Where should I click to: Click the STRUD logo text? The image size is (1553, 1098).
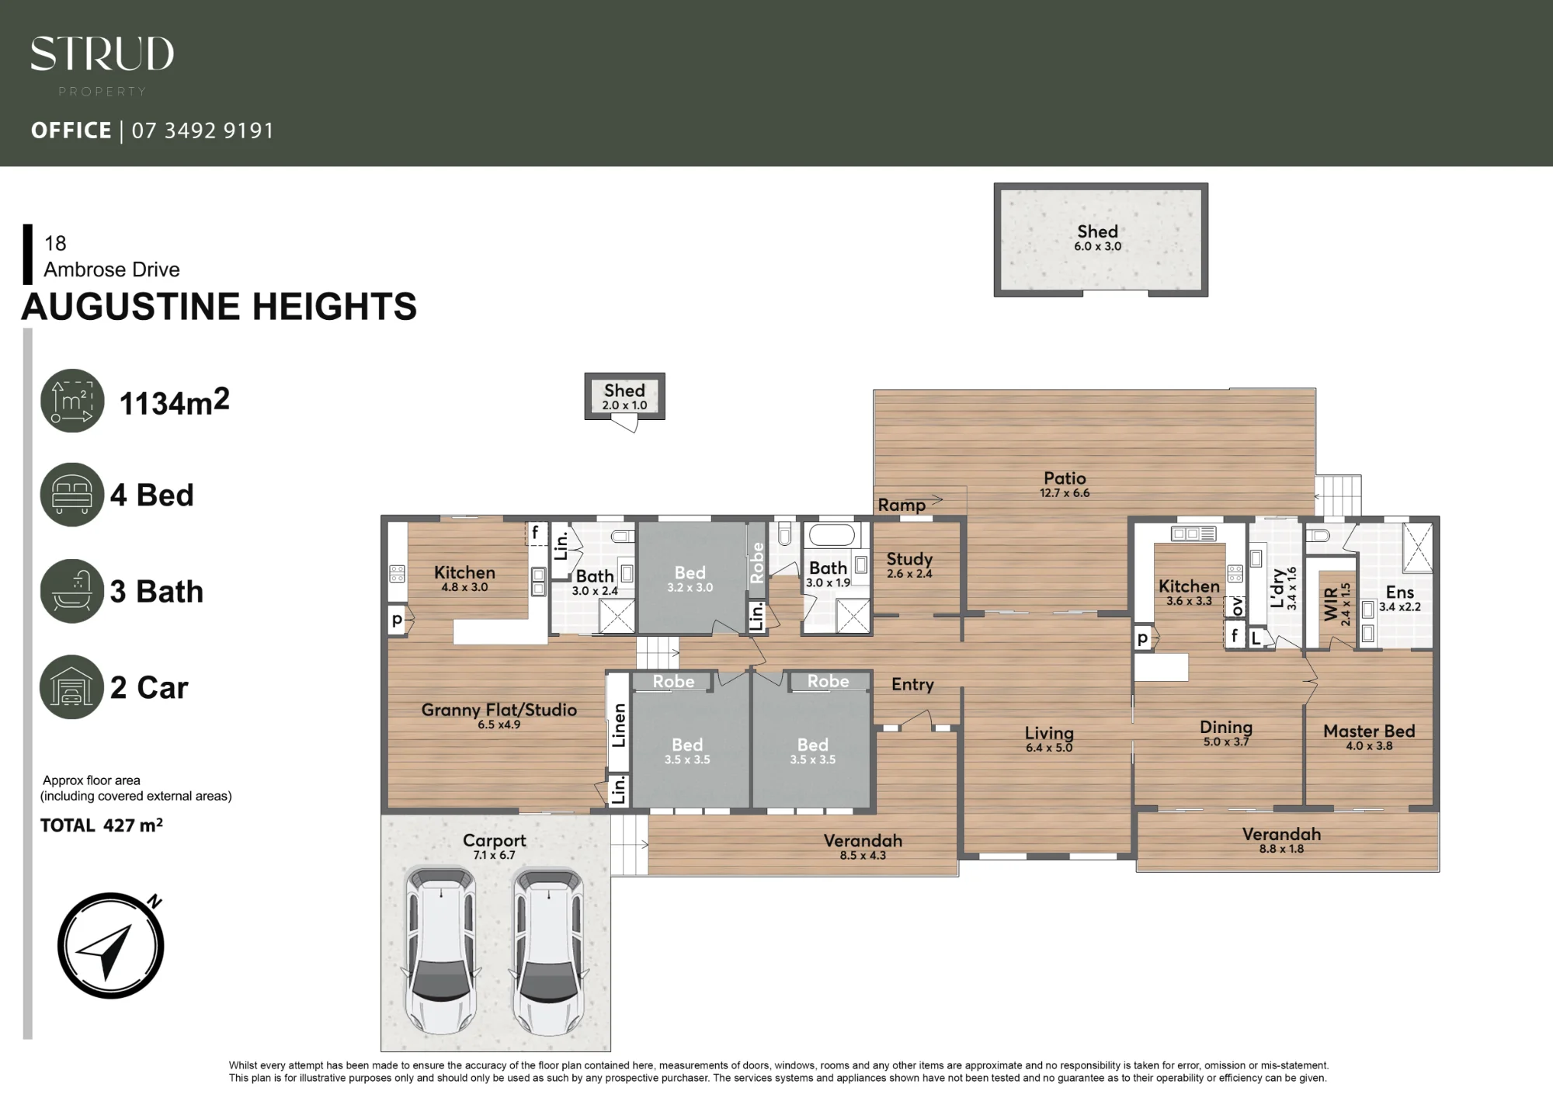point(102,54)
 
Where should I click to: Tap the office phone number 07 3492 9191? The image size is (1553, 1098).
point(203,130)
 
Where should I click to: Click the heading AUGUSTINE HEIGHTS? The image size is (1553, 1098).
point(219,306)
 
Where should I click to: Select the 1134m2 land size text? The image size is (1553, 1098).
point(175,402)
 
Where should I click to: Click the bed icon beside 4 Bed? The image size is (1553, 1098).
point(72,495)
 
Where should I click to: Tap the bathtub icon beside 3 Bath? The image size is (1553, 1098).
point(72,591)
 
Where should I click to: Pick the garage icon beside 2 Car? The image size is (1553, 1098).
point(71,687)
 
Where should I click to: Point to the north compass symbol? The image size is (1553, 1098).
point(111,945)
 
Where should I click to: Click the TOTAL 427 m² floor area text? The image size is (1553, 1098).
point(102,825)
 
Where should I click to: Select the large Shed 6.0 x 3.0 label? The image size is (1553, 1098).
point(1097,238)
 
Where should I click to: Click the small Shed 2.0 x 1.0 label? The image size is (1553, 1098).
point(624,396)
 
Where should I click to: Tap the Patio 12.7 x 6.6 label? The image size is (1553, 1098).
point(1065,484)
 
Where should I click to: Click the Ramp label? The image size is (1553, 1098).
point(902,505)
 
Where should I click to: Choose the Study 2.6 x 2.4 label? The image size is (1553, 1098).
point(909,565)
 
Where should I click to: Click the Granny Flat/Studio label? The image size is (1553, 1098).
point(499,715)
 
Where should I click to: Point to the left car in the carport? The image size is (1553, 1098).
point(441,951)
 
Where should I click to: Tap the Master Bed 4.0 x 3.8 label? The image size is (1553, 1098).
point(1369,737)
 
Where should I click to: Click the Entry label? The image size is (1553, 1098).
point(912,684)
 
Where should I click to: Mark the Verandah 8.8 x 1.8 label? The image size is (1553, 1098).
point(1281,840)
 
